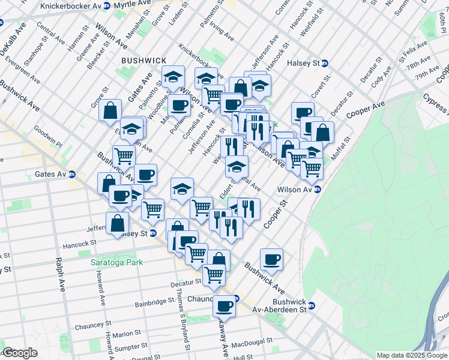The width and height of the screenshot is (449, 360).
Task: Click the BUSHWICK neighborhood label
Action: tap(143, 61)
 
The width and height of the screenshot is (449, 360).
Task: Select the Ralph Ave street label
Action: tap(59, 275)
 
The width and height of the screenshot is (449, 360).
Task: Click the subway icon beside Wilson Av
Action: tap(318, 190)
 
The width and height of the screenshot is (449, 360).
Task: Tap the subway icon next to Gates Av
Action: tap(71, 175)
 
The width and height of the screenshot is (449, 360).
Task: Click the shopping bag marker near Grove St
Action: tap(110, 110)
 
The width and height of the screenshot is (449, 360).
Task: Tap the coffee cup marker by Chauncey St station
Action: tap(224, 307)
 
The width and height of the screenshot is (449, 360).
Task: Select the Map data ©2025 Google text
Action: tap(411, 355)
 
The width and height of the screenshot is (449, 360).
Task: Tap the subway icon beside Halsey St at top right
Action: tap(325, 63)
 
